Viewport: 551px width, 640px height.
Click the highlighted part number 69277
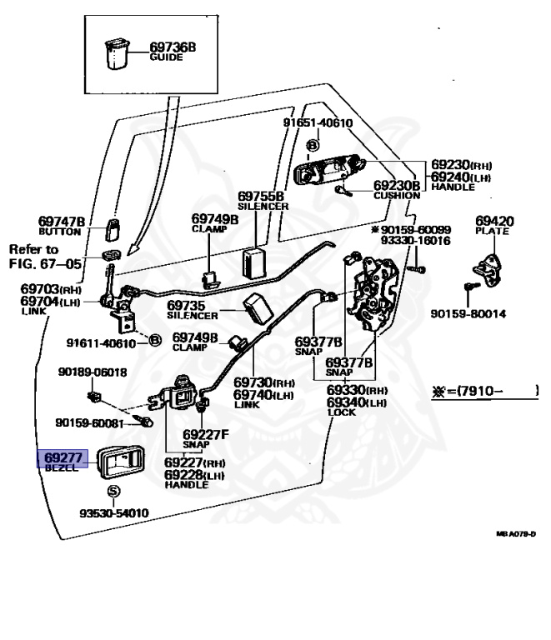click(63, 457)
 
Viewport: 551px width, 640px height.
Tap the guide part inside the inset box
click(117, 53)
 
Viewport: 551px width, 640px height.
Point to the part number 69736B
click(173, 47)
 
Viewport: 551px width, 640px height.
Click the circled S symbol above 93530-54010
click(113, 491)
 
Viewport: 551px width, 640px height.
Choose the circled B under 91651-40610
click(313, 145)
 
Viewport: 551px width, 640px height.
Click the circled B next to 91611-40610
click(155, 340)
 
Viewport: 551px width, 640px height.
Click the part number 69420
click(494, 221)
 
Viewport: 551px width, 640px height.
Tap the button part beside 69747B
click(113, 230)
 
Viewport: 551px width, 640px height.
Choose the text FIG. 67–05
click(45, 264)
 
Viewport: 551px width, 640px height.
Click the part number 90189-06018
click(93, 372)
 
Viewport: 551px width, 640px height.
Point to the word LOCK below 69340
click(342, 412)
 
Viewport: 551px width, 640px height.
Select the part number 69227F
click(206, 434)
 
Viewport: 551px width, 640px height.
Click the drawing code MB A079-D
click(516, 534)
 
